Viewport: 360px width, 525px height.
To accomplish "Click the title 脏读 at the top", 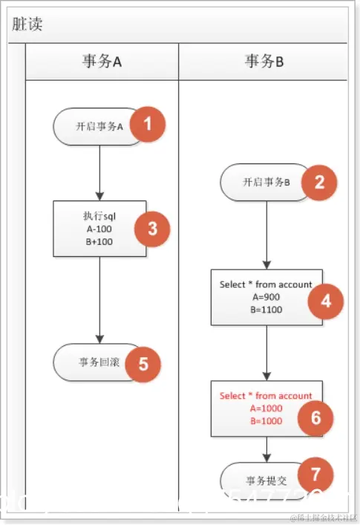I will [x=27, y=23].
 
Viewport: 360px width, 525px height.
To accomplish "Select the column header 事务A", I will [x=102, y=62].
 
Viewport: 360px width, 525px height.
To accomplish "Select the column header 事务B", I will [x=264, y=62].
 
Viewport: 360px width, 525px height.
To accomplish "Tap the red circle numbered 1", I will [x=148, y=124].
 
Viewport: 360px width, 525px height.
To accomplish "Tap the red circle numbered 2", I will [x=319, y=182].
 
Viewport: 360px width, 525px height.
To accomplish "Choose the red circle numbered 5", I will [x=143, y=364].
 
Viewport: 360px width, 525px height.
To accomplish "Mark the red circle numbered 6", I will [x=315, y=418].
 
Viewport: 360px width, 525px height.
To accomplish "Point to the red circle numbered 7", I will [x=315, y=474].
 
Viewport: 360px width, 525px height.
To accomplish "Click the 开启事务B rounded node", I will [x=264, y=182].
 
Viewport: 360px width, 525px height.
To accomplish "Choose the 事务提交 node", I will [x=261, y=475].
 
